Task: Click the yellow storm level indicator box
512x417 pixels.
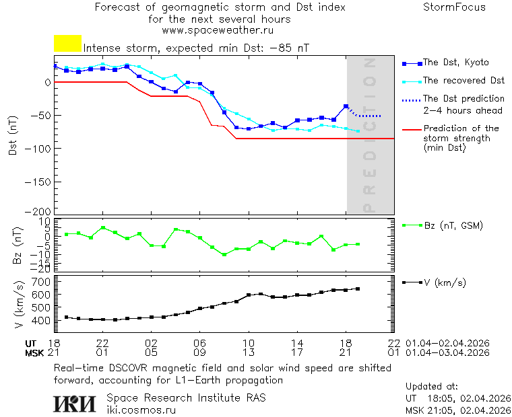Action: (x=67, y=43)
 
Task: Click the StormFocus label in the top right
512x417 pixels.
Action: (x=454, y=7)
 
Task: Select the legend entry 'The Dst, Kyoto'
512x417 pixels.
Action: (x=455, y=63)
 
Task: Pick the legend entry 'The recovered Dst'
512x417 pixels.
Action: (x=463, y=81)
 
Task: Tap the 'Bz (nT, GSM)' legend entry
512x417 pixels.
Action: (x=453, y=225)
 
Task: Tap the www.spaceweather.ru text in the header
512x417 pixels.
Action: (x=218, y=30)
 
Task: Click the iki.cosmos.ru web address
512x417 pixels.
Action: (x=141, y=410)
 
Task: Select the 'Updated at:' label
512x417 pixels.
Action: (x=432, y=387)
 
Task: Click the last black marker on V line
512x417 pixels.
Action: (x=358, y=289)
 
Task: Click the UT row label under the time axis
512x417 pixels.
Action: (x=32, y=343)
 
